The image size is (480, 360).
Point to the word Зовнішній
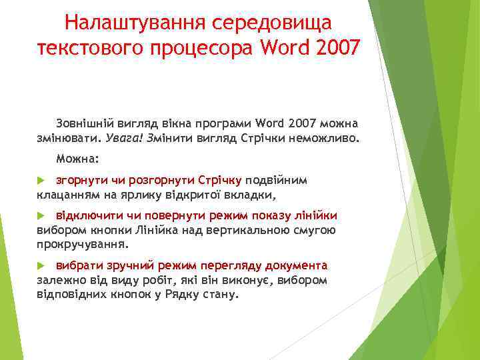[x=83, y=124]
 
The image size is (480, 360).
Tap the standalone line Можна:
[x=77, y=159]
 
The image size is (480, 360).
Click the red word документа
[x=296, y=265]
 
